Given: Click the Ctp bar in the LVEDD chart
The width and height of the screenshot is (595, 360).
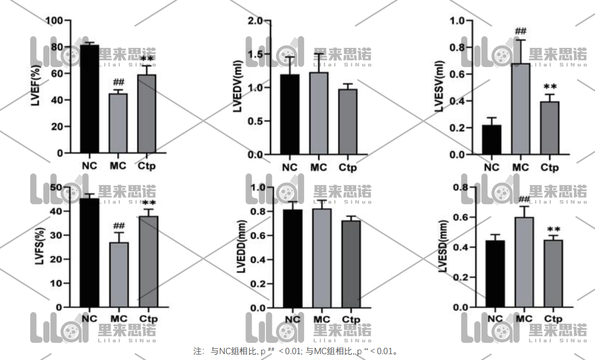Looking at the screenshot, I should pyautogui.click(x=351, y=264).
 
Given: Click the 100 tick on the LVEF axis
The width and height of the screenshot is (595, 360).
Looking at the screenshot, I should pyautogui.click(x=54, y=21).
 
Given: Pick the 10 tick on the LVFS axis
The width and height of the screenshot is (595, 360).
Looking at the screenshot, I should pyautogui.click(x=57, y=283).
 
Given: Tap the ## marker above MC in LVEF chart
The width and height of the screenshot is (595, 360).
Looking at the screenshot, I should pyautogui.click(x=118, y=82).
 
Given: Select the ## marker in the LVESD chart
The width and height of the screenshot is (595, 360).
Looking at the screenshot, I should pyautogui.click(x=524, y=199).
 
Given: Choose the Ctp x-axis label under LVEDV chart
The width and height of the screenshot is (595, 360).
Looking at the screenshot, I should pyautogui.click(x=348, y=168).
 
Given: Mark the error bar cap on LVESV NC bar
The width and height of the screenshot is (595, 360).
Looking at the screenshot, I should pyautogui.click(x=492, y=117).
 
